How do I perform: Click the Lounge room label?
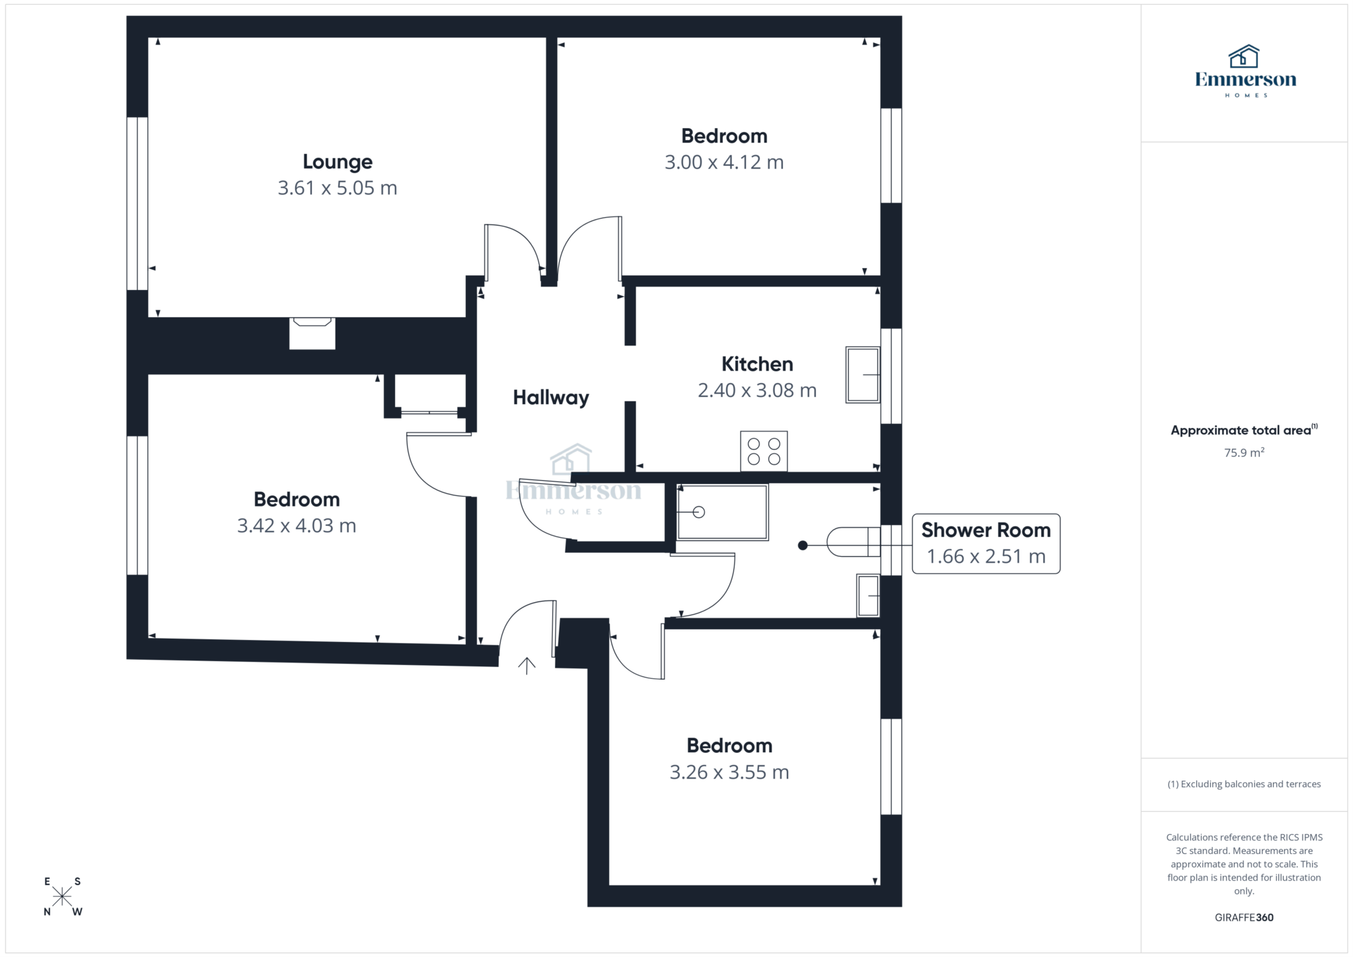(337, 162)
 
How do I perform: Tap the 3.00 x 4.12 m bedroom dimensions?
(724, 162)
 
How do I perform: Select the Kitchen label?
(757, 364)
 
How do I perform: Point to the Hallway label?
(551, 398)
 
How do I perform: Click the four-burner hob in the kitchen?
(764, 451)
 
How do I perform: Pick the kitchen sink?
(863, 374)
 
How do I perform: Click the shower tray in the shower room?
(722, 512)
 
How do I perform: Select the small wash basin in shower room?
(868, 596)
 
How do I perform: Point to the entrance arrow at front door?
(527, 666)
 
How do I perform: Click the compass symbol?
(63, 896)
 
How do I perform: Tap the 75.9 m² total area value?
(1244, 453)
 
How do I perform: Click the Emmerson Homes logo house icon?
(1244, 57)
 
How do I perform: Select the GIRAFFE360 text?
(1244, 917)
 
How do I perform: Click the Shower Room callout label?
(986, 530)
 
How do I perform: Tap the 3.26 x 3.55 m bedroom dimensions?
(729, 772)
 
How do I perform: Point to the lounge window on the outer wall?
(137, 203)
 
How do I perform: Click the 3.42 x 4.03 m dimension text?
(297, 526)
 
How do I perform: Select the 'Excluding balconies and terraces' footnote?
(1244, 784)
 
